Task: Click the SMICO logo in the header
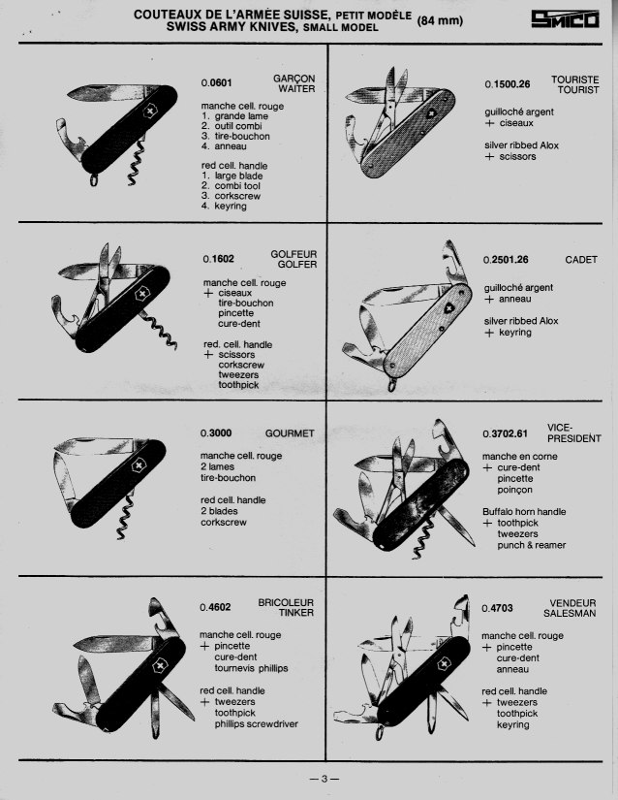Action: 565,19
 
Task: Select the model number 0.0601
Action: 217,82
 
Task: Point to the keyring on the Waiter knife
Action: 94,179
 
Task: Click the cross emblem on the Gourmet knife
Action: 138,465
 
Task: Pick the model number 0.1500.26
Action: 507,84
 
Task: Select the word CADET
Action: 581,260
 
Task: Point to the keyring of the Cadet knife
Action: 391,384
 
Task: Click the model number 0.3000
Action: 216,433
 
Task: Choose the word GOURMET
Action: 290,433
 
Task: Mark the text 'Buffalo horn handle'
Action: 524,512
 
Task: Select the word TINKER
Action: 296,613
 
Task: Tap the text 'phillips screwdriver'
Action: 257,724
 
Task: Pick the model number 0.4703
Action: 497,608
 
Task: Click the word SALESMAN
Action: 570,613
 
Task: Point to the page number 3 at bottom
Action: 324,779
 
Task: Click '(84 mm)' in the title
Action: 440,21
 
